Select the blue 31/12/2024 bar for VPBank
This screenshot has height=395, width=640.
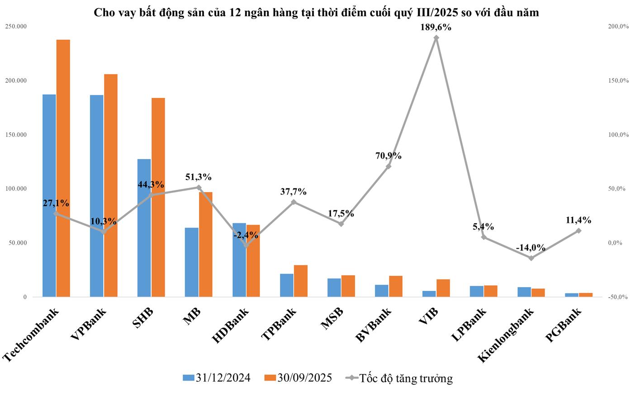pyautogui.click(x=97, y=196)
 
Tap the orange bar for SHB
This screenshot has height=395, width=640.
pyautogui.click(x=158, y=197)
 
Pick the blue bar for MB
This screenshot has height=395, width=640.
pyautogui.click(x=192, y=262)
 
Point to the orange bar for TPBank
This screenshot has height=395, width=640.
pyautogui.click(x=301, y=281)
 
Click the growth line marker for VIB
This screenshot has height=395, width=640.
pyautogui.click(x=436, y=38)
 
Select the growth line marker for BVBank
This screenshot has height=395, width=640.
pyautogui.click(x=389, y=166)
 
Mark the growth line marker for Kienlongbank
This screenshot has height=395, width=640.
pyautogui.click(x=531, y=258)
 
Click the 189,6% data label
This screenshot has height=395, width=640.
pyautogui.click(x=436, y=27)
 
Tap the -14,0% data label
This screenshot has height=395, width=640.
pyautogui.click(x=531, y=248)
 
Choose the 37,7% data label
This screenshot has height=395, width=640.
pyautogui.click(x=293, y=192)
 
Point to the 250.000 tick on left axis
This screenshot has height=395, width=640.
pyautogui.click(x=16, y=27)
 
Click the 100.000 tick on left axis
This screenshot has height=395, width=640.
pyautogui.click(x=16, y=189)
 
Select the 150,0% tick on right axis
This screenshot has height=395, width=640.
pyautogui.click(x=619, y=81)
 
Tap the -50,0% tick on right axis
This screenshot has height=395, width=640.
pyautogui.click(x=619, y=297)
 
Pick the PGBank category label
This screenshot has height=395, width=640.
pyautogui.click(x=564, y=324)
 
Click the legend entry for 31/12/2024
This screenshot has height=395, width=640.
pyautogui.click(x=217, y=378)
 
